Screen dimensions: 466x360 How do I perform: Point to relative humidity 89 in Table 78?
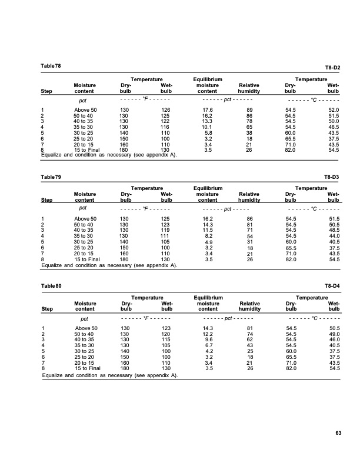click(x=249, y=110)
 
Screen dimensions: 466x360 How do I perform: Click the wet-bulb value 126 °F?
click(x=166, y=110)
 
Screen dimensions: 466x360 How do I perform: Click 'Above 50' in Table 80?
click(x=86, y=328)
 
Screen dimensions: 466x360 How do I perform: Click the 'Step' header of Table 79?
click(x=46, y=201)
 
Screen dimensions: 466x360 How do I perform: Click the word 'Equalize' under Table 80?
click(x=54, y=374)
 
